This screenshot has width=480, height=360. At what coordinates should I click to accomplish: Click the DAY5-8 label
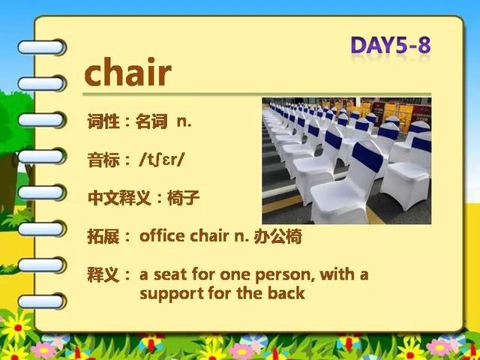[391, 45]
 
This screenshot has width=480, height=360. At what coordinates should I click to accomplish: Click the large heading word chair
[127, 72]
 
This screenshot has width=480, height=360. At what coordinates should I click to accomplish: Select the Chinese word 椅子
[183, 198]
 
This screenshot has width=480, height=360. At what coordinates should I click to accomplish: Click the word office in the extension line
[162, 235]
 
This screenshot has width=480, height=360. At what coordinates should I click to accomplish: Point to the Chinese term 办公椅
[277, 236]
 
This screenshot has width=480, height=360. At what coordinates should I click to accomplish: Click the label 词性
[103, 121]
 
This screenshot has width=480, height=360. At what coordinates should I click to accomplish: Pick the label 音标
[103, 160]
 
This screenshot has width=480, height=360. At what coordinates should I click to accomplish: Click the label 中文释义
[119, 198]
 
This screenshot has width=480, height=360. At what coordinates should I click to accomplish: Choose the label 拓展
[103, 236]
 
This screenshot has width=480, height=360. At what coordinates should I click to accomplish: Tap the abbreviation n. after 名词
[184, 122]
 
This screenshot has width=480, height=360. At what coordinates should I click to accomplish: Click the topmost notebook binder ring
[42, 47]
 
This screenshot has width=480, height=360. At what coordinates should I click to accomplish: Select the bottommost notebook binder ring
[42, 301]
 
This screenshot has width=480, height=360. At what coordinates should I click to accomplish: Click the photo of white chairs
[346, 160]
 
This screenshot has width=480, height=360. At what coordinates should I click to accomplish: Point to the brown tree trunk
[8, 184]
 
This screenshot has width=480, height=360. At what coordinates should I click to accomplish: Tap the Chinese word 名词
[151, 121]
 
